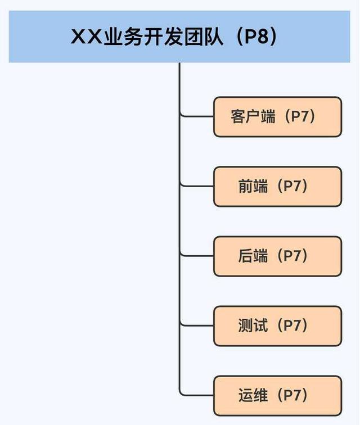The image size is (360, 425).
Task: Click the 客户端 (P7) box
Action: click(x=277, y=117)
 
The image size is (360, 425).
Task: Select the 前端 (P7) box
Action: click(x=277, y=187)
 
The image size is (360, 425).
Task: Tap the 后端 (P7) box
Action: click(x=277, y=256)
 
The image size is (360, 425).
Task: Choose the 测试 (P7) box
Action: click(x=277, y=326)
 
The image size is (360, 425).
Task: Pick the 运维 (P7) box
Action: click(x=277, y=396)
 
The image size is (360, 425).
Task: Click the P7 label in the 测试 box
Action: click(x=293, y=326)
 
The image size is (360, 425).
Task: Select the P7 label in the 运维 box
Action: click(x=293, y=396)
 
